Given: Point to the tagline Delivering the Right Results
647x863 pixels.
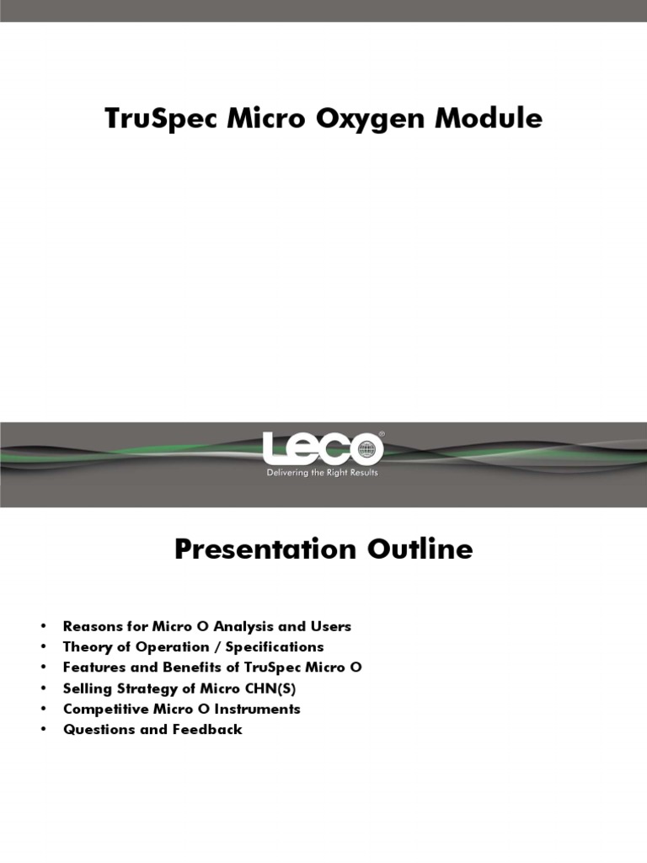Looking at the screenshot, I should [x=323, y=473].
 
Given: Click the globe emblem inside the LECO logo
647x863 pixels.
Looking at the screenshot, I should [x=366, y=448].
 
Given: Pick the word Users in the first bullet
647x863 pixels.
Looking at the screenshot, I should [x=331, y=626].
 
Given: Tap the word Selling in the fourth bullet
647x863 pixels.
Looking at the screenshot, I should [x=85, y=688].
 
